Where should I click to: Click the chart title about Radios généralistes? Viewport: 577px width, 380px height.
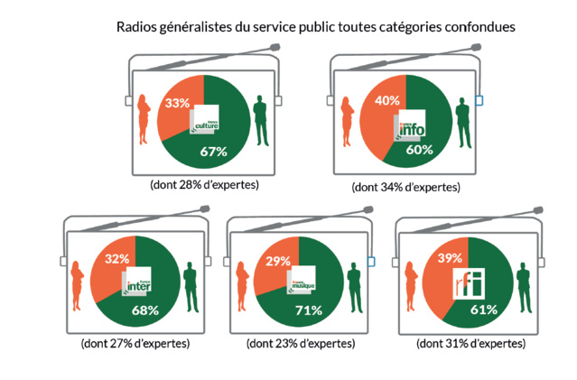(x=316, y=27)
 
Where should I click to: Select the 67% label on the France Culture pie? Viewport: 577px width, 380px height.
(x=212, y=152)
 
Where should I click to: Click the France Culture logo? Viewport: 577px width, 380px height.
(x=205, y=122)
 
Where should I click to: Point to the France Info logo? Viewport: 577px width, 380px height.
(x=409, y=128)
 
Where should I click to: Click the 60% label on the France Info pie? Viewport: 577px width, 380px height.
(x=419, y=150)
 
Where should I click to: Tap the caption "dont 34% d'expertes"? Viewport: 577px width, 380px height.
(x=406, y=187)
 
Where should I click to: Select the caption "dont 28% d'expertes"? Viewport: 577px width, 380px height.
(x=204, y=184)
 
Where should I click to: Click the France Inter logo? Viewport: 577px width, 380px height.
(x=136, y=283)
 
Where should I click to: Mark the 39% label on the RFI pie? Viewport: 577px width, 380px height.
(x=450, y=259)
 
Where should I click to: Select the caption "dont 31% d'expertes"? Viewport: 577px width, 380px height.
(x=470, y=344)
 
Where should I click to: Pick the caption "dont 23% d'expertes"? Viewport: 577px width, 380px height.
(x=300, y=344)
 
